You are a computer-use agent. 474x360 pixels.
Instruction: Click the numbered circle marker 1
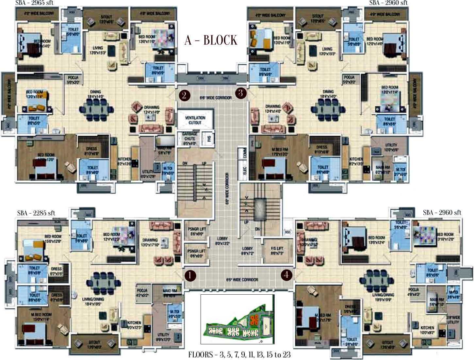(x=190, y=275)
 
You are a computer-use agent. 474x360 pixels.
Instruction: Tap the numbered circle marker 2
(x=185, y=95)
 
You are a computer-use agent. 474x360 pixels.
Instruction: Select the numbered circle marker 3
(x=240, y=93)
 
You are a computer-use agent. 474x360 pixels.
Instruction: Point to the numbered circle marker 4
(x=286, y=275)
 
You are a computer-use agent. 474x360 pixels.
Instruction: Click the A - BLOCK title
(x=211, y=40)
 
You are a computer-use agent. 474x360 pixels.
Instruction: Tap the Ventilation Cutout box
(x=195, y=120)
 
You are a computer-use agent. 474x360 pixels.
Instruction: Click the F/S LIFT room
(x=277, y=251)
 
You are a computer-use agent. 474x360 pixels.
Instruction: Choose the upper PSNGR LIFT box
(x=196, y=231)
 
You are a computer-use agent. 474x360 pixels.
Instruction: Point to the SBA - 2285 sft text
(x=36, y=213)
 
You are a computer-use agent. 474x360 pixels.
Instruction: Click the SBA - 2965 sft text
(x=34, y=3)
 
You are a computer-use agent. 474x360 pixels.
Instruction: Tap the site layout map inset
(x=237, y=319)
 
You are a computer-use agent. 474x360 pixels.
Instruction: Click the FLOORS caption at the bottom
(x=239, y=355)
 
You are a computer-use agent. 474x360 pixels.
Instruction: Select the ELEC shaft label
(x=245, y=171)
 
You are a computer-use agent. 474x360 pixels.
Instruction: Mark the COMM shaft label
(x=245, y=153)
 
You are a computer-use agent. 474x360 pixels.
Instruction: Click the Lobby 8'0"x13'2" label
(x=222, y=241)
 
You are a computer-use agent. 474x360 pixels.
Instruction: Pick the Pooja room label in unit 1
(x=142, y=293)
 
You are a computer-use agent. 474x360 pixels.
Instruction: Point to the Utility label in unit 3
(x=391, y=147)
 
